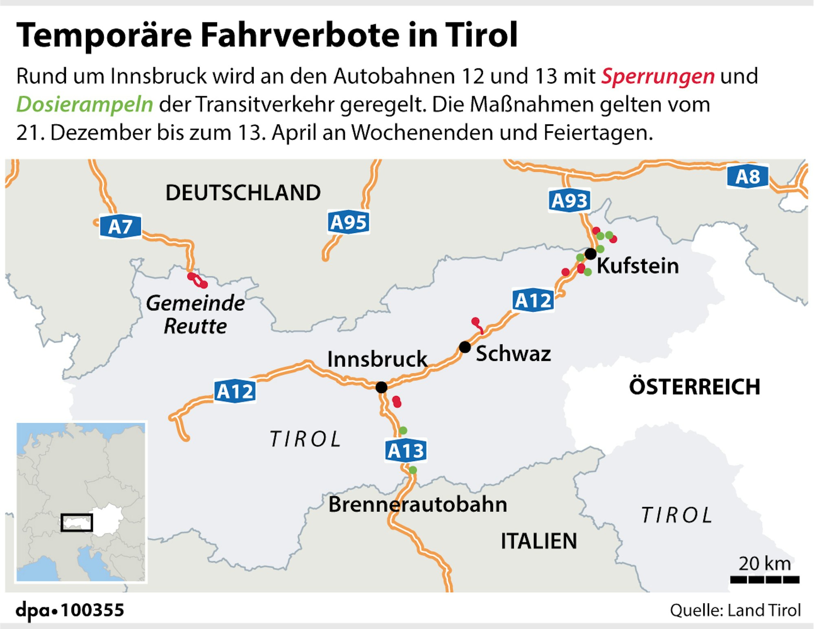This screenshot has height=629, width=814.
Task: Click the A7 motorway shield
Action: pyautogui.click(x=121, y=227)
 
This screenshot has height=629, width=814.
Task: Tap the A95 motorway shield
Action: pyautogui.click(x=349, y=222)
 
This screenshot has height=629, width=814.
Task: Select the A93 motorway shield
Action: pyautogui.click(x=569, y=200)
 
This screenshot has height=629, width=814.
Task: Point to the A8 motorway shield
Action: pyautogui.click(x=748, y=176)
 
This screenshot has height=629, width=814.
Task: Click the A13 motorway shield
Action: pyautogui.click(x=406, y=451)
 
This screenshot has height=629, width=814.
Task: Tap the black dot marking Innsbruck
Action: pyautogui.click(x=382, y=387)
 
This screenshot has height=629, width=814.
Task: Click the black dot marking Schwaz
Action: pyautogui.click(x=465, y=347)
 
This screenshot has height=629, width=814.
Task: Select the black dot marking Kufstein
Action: pyautogui.click(x=590, y=254)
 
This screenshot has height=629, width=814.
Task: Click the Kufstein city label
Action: pyautogui.click(x=638, y=266)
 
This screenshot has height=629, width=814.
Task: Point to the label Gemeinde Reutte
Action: pyautogui.click(x=195, y=314)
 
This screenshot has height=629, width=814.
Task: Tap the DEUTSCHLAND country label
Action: pyautogui.click(x=243, y=192)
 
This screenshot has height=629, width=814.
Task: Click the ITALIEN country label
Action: pyautogui.click(x=539, y=541)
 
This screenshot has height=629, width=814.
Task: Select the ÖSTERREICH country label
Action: pyautogui.click(x=695, y=387)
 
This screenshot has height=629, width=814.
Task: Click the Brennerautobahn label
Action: pyautogui.click(x=418, y=504)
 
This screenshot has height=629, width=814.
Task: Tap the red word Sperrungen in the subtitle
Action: pyautogui.click(x=658, y=76)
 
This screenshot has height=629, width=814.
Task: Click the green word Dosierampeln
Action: pyautogui.click(x=85, y=104)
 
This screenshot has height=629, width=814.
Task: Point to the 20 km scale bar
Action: pyautogui.click(x=765, y=579)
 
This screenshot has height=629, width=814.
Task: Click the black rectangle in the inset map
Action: pyautogui.click(x=77, y=522)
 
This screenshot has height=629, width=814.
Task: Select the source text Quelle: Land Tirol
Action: pyautogui.click(x=735, y=610)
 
